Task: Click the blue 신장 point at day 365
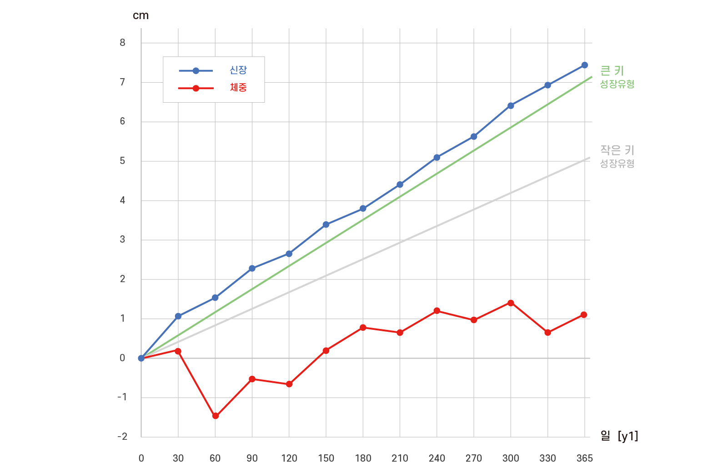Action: coord(584,65)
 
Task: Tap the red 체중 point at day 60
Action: coord(216,416)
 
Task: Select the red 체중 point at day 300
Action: coord(511,303)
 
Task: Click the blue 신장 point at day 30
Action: coord(178,316)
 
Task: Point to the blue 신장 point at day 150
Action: coord(326,224)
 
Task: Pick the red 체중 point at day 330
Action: coord(547,333)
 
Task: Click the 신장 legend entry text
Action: coord(238,70)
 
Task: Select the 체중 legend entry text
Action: coord(238,88)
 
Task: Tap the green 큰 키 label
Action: coord(612,71)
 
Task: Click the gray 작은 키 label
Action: coord(617,150)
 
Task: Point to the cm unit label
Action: coord(141,16)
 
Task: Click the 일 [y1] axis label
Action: coord(619,436)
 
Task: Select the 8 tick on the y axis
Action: coord(122,43)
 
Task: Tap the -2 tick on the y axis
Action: coord(122,437)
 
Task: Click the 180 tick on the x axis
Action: coord(363,458)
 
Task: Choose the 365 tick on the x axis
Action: coord(584,458)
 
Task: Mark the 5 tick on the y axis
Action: coord(122,161)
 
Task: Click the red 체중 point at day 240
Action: coord(437,311)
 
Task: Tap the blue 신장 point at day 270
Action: coord(474,136)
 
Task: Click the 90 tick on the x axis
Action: coord(252,458)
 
